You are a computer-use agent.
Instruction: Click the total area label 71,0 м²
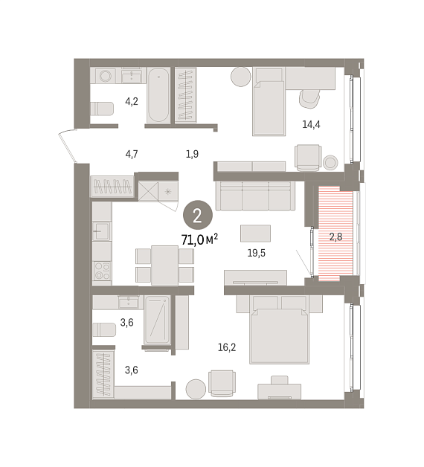coord(199,239)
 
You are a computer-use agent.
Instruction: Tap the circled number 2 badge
coord(198,216)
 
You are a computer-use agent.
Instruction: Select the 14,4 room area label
coord(311,124)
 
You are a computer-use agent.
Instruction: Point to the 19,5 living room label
coord(256,253)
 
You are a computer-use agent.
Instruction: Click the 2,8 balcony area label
coord(335,236)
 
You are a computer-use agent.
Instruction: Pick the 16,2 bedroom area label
coord(227,347)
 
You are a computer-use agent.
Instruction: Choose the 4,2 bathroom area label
coord(132,102)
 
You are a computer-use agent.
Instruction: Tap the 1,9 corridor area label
coord(192,154)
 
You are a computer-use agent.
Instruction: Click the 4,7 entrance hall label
coord(132,154)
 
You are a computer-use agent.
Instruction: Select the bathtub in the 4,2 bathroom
coord(158,95)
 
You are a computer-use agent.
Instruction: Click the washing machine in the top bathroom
coord(105,76)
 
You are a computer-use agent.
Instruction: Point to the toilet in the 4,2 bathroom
coord(102,109)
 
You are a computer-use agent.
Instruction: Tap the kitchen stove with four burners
coord(102,271)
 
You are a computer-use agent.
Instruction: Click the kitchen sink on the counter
coord(102,231)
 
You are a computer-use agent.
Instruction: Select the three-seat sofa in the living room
coord(255,196)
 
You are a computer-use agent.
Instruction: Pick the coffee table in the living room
coord(256,233)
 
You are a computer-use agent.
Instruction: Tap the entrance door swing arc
coord(67,146)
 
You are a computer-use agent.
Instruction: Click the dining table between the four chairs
coord(165,265)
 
